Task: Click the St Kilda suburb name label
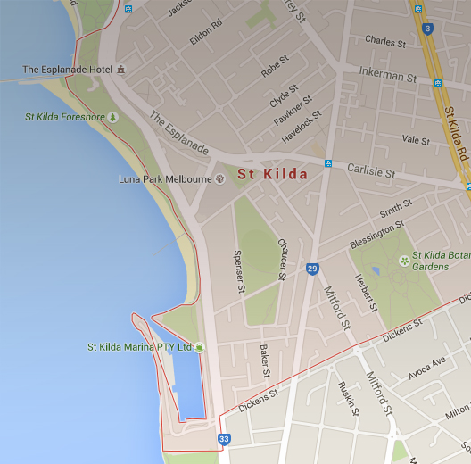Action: [272, 174]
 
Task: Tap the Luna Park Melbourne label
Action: [165, 179]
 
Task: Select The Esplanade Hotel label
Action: [68, 70]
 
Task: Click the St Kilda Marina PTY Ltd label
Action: [139, 346]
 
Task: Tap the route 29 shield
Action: [312, 269]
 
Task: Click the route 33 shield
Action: [223, 439]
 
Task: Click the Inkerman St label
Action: [387, 75]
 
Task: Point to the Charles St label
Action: [385, 41]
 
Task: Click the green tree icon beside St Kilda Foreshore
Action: [112, 117]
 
